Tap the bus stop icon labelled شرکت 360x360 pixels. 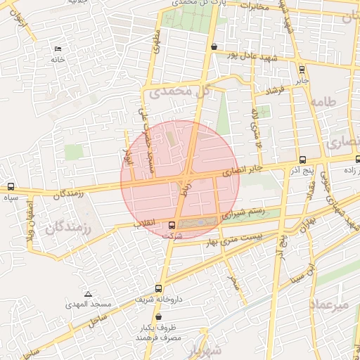point(173,225)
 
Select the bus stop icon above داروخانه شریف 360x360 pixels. point(158,288)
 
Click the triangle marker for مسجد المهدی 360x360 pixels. point(88,294)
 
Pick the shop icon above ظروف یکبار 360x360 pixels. point(158,317)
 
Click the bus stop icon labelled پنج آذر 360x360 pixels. point(302,160)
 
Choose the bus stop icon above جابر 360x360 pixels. point(302,70)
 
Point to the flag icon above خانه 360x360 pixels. point(58,49)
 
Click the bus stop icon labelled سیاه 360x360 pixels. point(11,187)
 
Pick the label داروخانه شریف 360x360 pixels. point(158,299)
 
